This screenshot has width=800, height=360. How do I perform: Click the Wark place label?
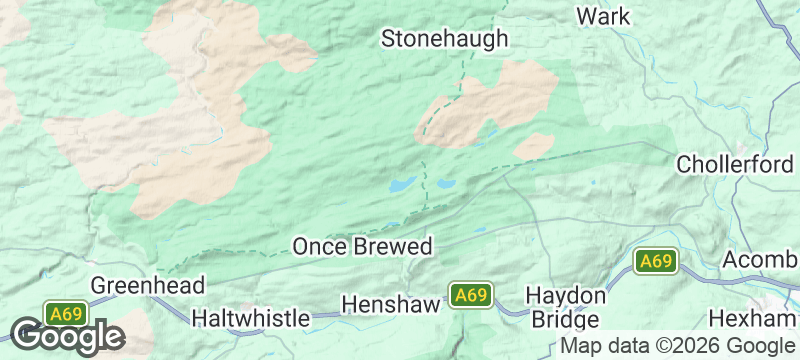pyautogui.click(x=604, y=16)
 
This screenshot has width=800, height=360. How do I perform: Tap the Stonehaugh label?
pyautogui.click(x=445, y=39)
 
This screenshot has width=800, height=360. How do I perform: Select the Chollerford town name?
pyautogui.click(x=735, y=163)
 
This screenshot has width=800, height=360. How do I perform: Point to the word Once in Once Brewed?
pyautogui.click(x=319, y=246)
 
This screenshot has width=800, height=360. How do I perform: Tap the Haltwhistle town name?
pyautogui.click(x=250, y=318)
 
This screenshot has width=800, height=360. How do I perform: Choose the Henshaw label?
pyautogui.click(x=391, y=302)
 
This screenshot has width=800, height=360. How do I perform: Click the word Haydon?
pyautogui.click(x=566, y=297)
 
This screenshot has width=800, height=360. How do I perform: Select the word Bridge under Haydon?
pyautogui.click(x=566, y=320)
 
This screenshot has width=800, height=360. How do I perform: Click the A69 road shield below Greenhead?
pyautogui.click(x=66, y=313)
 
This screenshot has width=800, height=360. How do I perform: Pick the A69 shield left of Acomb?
pyautogui.click(x=656, y=262)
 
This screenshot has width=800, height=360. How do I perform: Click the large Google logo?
pyautogui.click(x=67, y=337)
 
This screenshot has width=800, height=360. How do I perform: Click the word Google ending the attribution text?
pyautogui.click(x=760, y=346)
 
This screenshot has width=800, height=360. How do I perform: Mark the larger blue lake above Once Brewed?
pyautogui.click(x=402, y=185)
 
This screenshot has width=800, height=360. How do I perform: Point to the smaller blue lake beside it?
pyautogui.click(x=444, y=184)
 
